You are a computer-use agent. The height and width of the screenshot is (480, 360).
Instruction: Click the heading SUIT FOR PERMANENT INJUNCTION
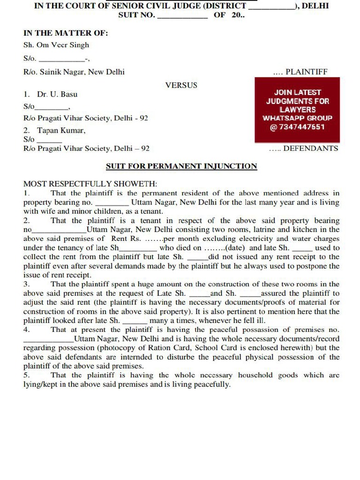click(181, 166)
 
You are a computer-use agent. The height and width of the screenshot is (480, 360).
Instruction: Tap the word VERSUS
click(181, 85)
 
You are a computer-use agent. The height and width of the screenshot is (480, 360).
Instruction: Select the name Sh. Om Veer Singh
click(56, 45)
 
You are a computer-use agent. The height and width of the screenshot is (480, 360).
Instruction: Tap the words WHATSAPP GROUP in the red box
click(298, 118)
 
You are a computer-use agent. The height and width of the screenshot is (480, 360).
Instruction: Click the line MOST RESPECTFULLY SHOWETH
click(90, 184)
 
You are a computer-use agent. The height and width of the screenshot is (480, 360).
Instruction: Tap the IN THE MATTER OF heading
click(66, 33)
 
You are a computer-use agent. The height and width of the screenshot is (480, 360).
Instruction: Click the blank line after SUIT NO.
click(183, 15)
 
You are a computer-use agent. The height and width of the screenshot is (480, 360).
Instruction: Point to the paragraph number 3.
click(27, 284)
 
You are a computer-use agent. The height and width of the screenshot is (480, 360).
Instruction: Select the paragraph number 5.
click(27, 375)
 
